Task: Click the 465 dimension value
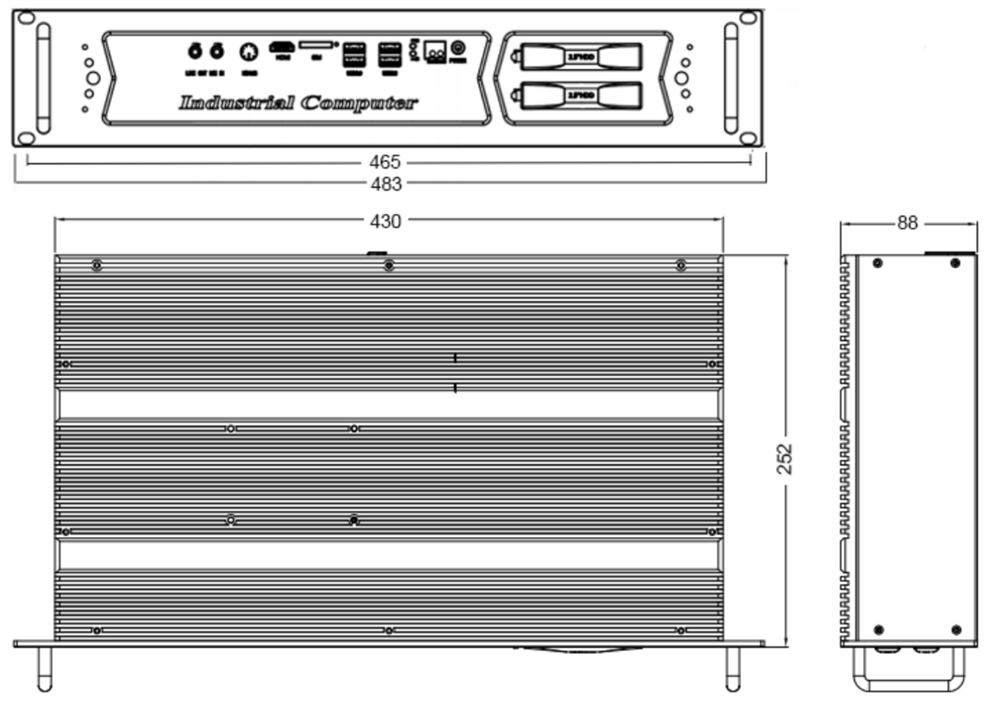coord(384,162)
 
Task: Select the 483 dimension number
coord(386,184)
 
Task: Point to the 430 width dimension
coord(385,221)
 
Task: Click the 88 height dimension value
coord(907,223)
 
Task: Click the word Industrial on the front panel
coord(236,103)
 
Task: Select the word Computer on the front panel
coord(359,103)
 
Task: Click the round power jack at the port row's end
coord(458,47)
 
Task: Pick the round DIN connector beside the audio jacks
coord(249,52)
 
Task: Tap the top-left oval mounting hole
coord(26,18)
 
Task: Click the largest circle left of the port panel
coord(93,78)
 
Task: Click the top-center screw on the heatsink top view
coord(389,265)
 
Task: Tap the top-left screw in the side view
coord(878,263)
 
